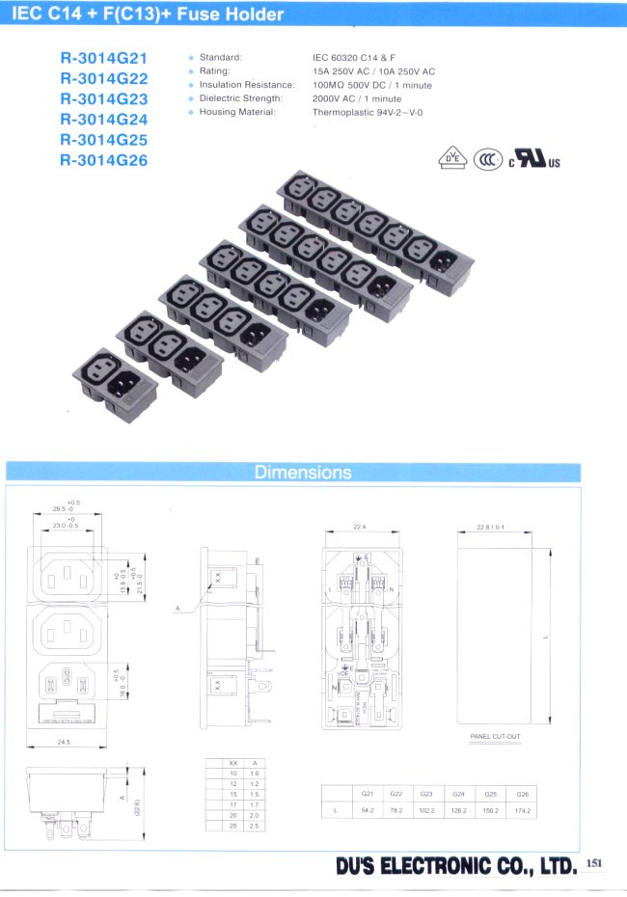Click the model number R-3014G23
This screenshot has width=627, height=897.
point(103,98)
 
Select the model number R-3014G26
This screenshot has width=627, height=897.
point(103,160)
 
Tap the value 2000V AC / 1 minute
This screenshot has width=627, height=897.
point(357,98)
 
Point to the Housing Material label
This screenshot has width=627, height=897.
point(237,112)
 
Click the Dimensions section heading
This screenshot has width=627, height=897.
point(303,473)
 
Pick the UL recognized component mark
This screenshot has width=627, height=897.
point(533,159)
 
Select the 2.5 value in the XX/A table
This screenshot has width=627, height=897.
point(255,828)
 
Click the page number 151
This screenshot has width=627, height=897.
point(593,863)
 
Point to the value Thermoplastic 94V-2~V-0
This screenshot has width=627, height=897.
point(368,112)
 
